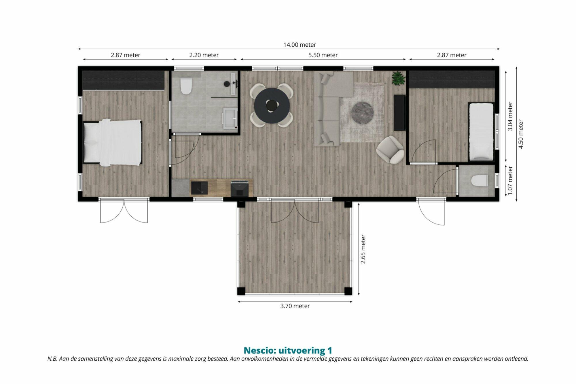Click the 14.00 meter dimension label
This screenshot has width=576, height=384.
300,45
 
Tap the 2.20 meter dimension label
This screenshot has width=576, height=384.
204,55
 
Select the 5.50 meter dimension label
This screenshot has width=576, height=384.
323,55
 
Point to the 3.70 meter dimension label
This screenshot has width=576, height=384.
295,306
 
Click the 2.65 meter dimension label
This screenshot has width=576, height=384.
363,249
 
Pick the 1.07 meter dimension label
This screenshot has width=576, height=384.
510,180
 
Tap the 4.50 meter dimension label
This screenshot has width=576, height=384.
521,134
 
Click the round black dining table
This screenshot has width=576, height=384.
272,105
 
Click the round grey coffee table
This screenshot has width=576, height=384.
363,113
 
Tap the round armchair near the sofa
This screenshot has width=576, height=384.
390,149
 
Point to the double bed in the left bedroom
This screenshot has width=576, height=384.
113,143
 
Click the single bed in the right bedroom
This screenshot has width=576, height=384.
482,131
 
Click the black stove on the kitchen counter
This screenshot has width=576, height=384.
239,189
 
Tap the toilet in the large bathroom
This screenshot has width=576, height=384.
186,86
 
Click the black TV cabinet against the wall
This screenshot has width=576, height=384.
400,113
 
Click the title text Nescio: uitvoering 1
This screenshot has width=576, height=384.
288,350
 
